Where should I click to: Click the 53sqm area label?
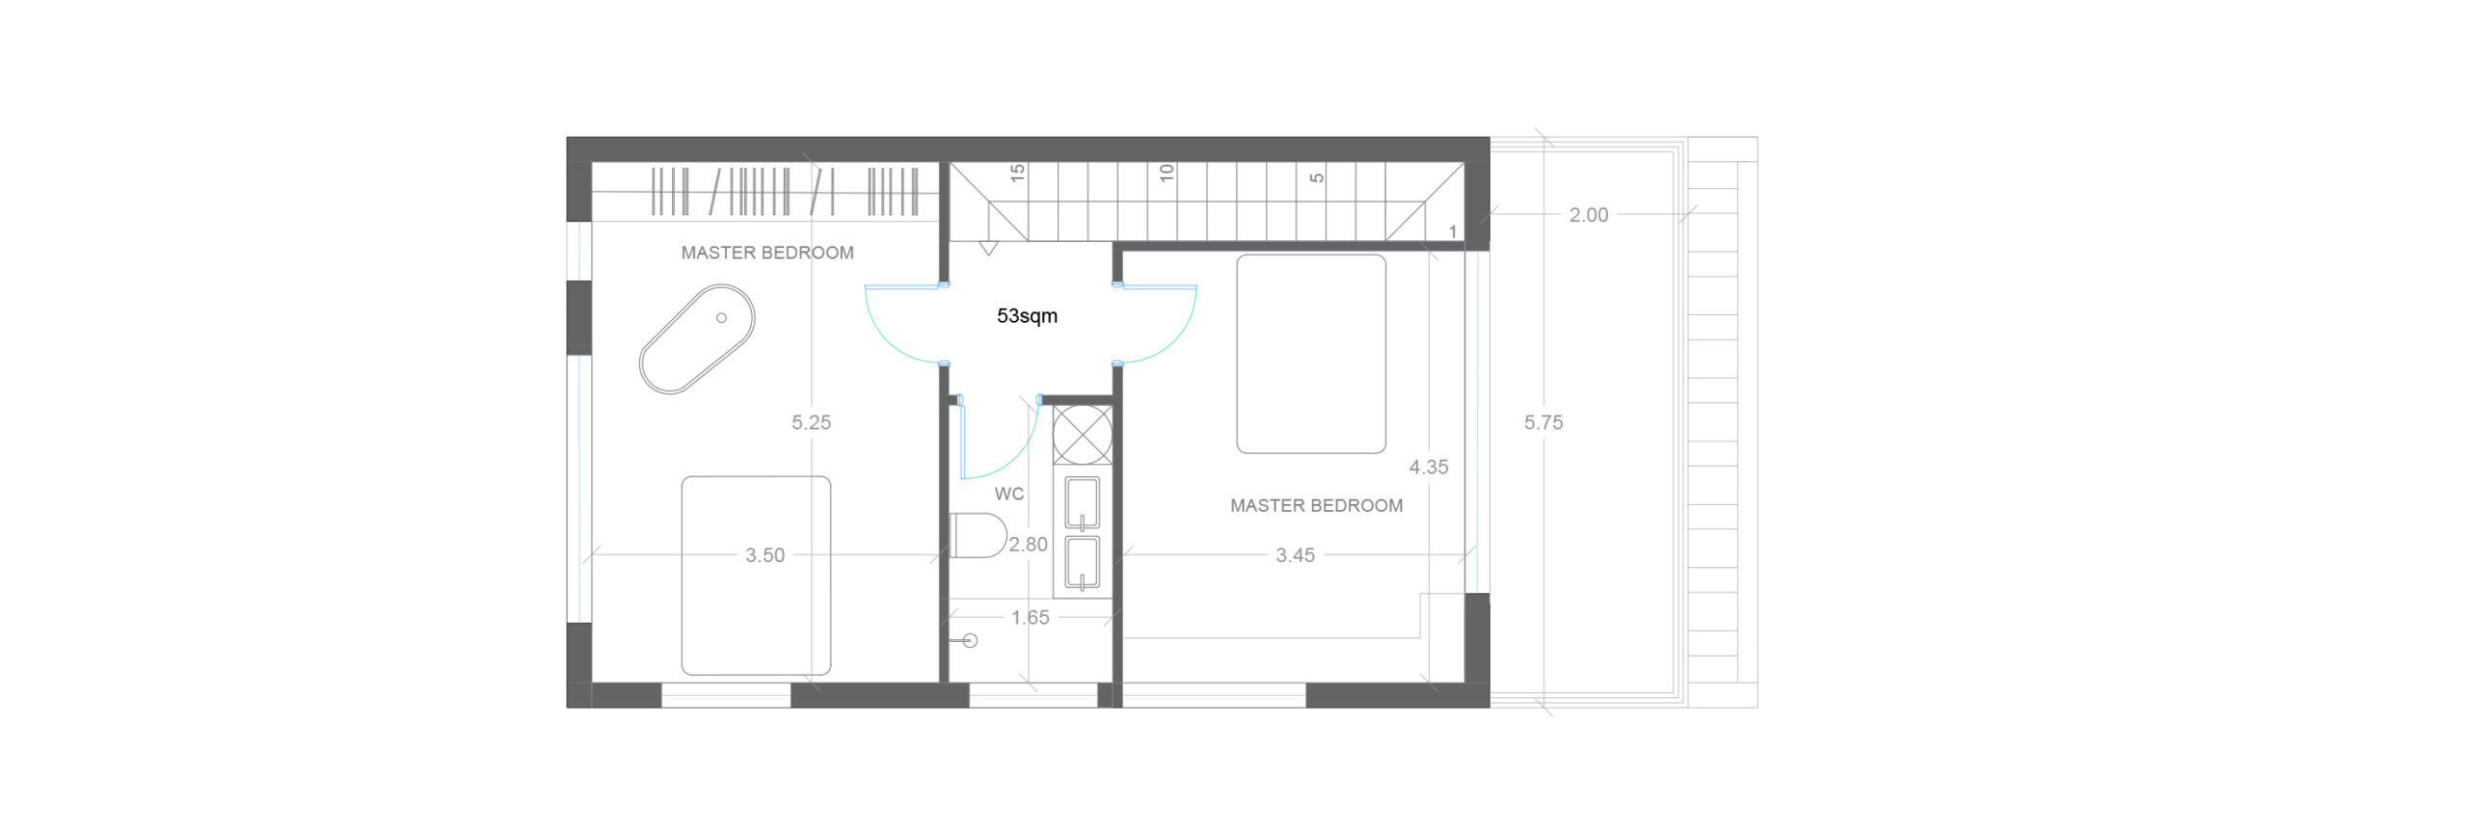[1027, 316]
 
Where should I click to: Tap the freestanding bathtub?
[697, 338]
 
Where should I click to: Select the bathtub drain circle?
[721, 318]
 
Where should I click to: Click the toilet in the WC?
[978, 535]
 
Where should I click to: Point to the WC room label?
[1009, 494]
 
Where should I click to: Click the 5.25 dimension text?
[811, 422]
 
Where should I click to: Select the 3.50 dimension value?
[765, 555]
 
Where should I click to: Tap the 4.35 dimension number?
[1429, 468]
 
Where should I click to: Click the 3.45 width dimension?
[1296, 555]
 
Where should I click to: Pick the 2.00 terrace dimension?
[1589, 215]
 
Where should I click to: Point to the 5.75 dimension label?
[1543, 422]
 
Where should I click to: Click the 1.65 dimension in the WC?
[1030, 618]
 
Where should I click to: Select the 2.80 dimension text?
[1028, 545]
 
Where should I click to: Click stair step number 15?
[1017, 174]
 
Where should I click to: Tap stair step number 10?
[1167, 174]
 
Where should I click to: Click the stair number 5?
[1317, 177]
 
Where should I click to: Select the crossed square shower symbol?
[1082, 435]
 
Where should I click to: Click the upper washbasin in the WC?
[1082, 503]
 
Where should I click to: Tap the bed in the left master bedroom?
[756, 576]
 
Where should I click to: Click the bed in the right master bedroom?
[1311, 354]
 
